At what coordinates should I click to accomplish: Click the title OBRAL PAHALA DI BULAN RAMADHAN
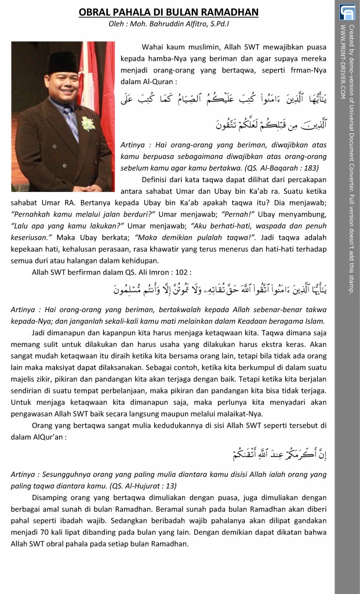click(168, 12)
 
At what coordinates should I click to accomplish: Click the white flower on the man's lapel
click(88, 123)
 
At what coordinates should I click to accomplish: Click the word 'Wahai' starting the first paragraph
click(152, 47)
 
